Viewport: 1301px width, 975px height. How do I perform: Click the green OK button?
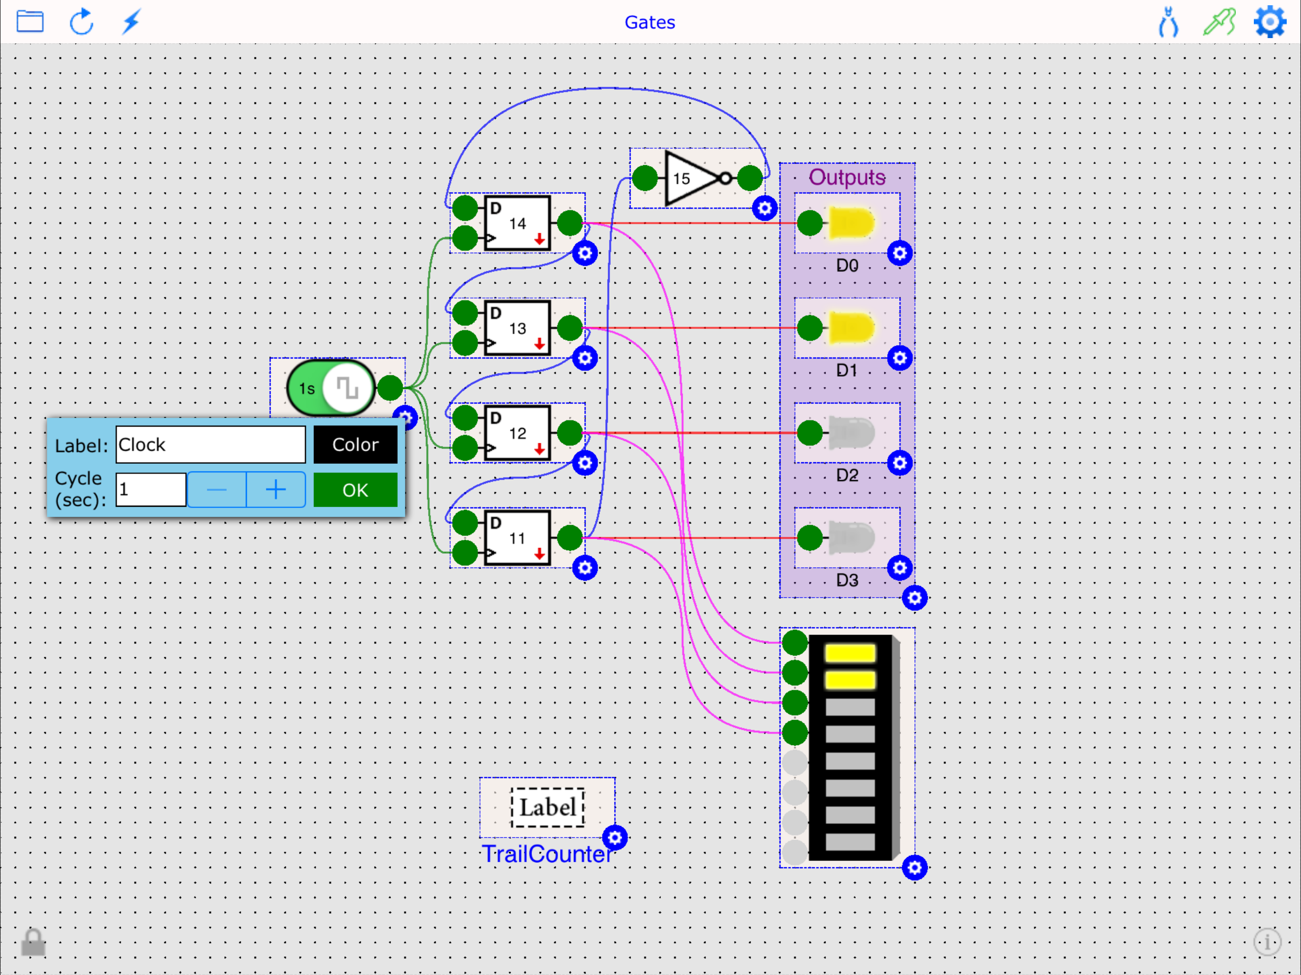pos(355,490)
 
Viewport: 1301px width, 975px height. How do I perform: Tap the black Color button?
pos(355,445)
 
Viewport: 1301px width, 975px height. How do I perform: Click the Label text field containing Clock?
pos(210,445)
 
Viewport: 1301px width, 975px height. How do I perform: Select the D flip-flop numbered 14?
pos(517,223)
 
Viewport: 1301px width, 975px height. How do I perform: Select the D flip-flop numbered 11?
pos(517,538)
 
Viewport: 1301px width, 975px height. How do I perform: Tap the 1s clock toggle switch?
pos(331,388)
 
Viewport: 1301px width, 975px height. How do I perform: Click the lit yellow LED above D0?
pos(851,223)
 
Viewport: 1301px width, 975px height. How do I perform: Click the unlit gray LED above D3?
pos(851,537)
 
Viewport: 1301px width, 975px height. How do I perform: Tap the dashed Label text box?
pos(547,807)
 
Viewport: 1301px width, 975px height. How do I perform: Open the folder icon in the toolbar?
pos(30,22)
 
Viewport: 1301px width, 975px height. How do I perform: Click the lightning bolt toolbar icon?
pos(131,22)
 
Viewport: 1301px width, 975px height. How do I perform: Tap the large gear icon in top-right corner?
pos(1269,22)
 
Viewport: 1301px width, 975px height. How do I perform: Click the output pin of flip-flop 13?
pos(570,328)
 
